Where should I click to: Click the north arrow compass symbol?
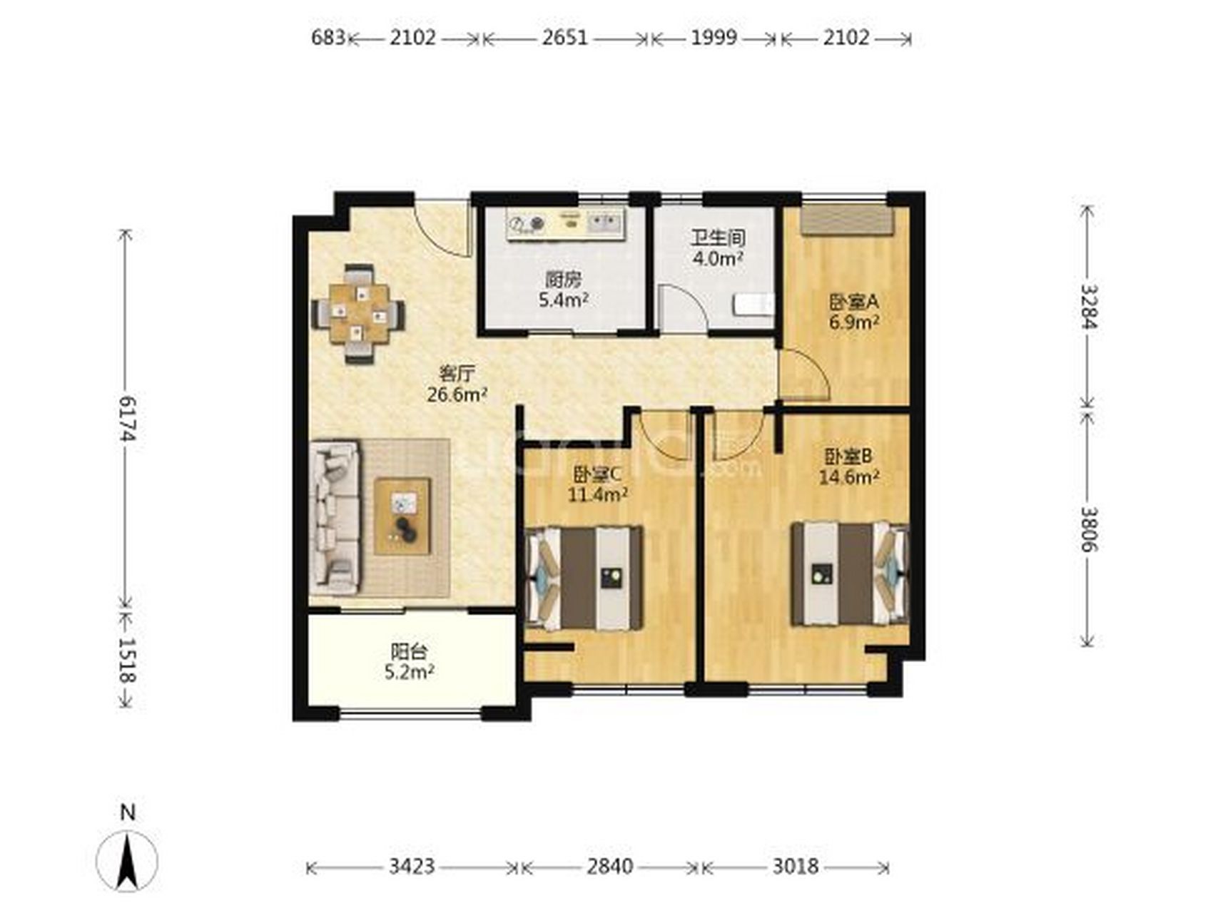tap(127, 860)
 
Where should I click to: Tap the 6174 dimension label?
tap(127, 419)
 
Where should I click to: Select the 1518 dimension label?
tap(127, 660)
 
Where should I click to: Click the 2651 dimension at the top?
tap(564, 38)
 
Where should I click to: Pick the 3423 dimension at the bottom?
tap(412, 867)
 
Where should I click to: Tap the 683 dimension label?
tap(328, 38)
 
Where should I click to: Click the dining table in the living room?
tap(358, 314)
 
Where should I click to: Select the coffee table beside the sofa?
tap(402, 516)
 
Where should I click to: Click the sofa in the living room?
tap(334, 518)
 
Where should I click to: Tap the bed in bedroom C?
tap(584, 578)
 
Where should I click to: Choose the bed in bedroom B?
tap(849, 574)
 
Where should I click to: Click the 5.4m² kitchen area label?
tap(563, 300)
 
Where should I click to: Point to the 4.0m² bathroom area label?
tap(718, 258)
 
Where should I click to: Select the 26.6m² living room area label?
tap(457, 394)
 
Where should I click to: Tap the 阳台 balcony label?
tap(410, 651)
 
